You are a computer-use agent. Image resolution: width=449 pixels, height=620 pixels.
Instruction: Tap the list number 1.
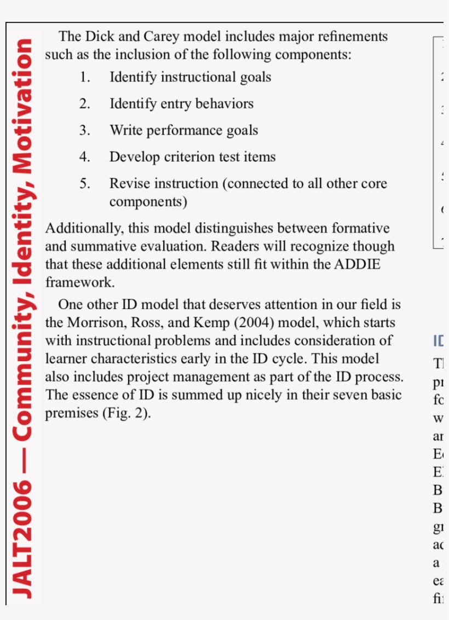84,77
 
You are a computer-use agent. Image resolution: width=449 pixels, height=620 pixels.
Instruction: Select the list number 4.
84,157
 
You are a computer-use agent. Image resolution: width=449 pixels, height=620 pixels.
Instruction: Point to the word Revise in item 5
129,184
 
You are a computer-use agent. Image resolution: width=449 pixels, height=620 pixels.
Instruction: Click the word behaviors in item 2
223,104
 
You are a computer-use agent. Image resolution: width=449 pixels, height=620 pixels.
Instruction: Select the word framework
79,283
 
